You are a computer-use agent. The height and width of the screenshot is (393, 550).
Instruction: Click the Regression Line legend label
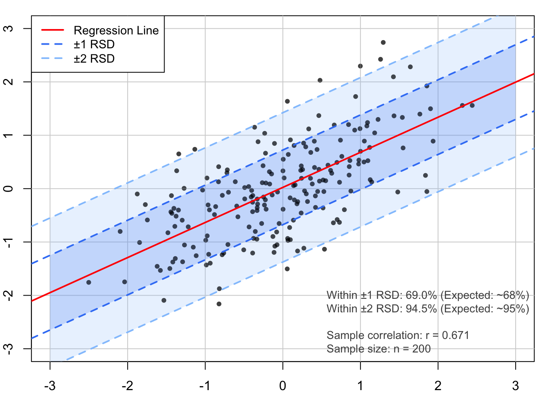[116, 30]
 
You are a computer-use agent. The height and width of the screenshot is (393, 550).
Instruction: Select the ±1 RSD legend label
[94, 45]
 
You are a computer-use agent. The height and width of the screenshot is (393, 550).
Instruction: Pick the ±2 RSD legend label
[94, 59]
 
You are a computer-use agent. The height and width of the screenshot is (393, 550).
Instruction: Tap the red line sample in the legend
[53, 30]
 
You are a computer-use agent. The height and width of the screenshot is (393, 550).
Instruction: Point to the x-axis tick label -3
[50, 386]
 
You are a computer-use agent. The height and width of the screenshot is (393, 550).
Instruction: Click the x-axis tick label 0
[283, 386]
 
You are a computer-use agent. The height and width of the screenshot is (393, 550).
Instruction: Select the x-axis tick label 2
[438, 386]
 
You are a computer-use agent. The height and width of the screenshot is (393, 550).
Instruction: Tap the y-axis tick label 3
[9, 28]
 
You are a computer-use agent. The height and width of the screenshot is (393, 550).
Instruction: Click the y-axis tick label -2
[9, 295]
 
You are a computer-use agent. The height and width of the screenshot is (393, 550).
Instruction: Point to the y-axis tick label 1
[9, 135]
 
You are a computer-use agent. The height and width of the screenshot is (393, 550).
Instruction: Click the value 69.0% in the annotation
[421, 295]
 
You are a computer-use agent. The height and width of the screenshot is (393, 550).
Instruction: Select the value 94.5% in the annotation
[421, 309]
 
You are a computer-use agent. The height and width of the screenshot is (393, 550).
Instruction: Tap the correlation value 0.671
[455, 335]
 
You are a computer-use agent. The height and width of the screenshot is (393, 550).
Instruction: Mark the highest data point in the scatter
[383, 43]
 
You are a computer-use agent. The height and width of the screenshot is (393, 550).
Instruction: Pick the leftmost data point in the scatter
[89, 282]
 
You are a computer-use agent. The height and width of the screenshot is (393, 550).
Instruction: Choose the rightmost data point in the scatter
[472, 106]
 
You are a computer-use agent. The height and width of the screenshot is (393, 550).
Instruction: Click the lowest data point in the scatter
[219, 304]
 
